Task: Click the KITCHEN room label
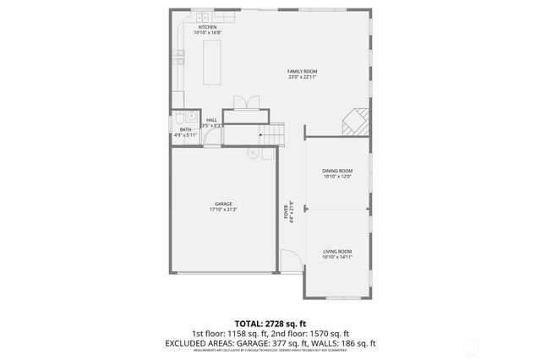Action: click(x=206, y=27)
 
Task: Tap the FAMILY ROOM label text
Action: click(x=302, y=71)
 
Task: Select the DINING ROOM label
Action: click(x=336, y=172)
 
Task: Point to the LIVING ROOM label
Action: click(x=337, y=252)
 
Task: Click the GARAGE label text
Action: click(x=223, y=204)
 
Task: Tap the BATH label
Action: click(x=185, y=129)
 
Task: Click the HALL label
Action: click(x=211, y=121)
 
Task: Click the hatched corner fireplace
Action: click(x=356, y=123)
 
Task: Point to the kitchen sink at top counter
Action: click(x=203, y=17)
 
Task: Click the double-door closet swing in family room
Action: click(x=245, y=102)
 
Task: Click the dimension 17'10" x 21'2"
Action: click(x=223, y=210)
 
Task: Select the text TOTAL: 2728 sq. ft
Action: click(x=270, y=324)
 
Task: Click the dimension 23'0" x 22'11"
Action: click(x=302, y=77)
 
